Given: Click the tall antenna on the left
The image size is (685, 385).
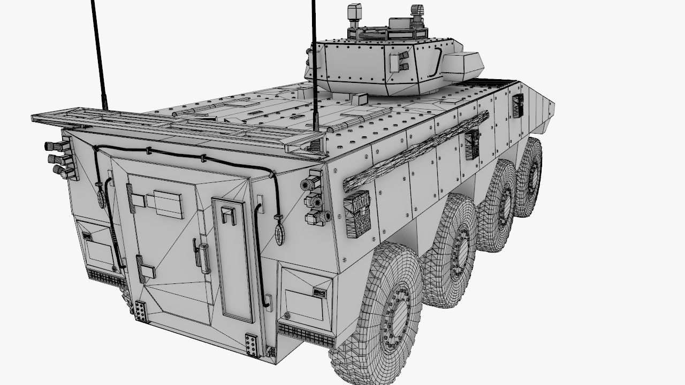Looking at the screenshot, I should click(x=100, y=53).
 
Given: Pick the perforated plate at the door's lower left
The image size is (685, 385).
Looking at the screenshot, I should click(x=141, y=311).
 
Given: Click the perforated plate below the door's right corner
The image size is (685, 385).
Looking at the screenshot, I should click(x=250, y=344).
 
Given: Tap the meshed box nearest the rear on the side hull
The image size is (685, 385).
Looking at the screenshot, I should click(x=357, y=212).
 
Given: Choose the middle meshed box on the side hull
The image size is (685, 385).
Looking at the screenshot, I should click(x=471, y=143).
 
